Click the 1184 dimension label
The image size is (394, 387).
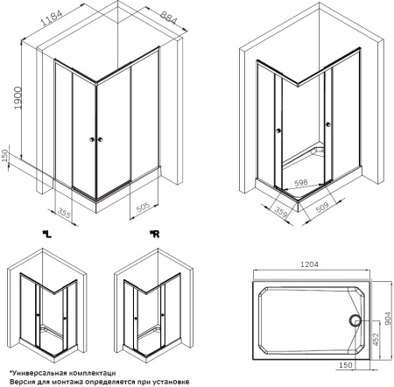click(52, 18)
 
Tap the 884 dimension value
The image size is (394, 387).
click(168, 17)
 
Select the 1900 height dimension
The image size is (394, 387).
click(18, 98)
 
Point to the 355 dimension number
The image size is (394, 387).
click(64, 213)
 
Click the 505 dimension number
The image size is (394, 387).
click(143, 207)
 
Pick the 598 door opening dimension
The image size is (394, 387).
click(301, 183)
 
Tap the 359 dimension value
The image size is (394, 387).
click(280, 212)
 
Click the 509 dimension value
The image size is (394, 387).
click(322, 207)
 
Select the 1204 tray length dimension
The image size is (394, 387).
click(309, 264)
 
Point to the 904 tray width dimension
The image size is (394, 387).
click(388, 319)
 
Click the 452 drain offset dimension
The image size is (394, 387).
click(376, 339)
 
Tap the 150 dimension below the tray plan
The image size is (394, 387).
click(346, 365)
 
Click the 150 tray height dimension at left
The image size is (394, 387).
click(4, 156)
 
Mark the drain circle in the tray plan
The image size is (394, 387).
click(355, 320)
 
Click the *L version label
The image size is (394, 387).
click(47, 234)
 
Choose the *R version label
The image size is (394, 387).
click(154, 234)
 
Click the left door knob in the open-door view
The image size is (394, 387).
click(278, 130)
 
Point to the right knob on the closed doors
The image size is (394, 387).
click(101, 139)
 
